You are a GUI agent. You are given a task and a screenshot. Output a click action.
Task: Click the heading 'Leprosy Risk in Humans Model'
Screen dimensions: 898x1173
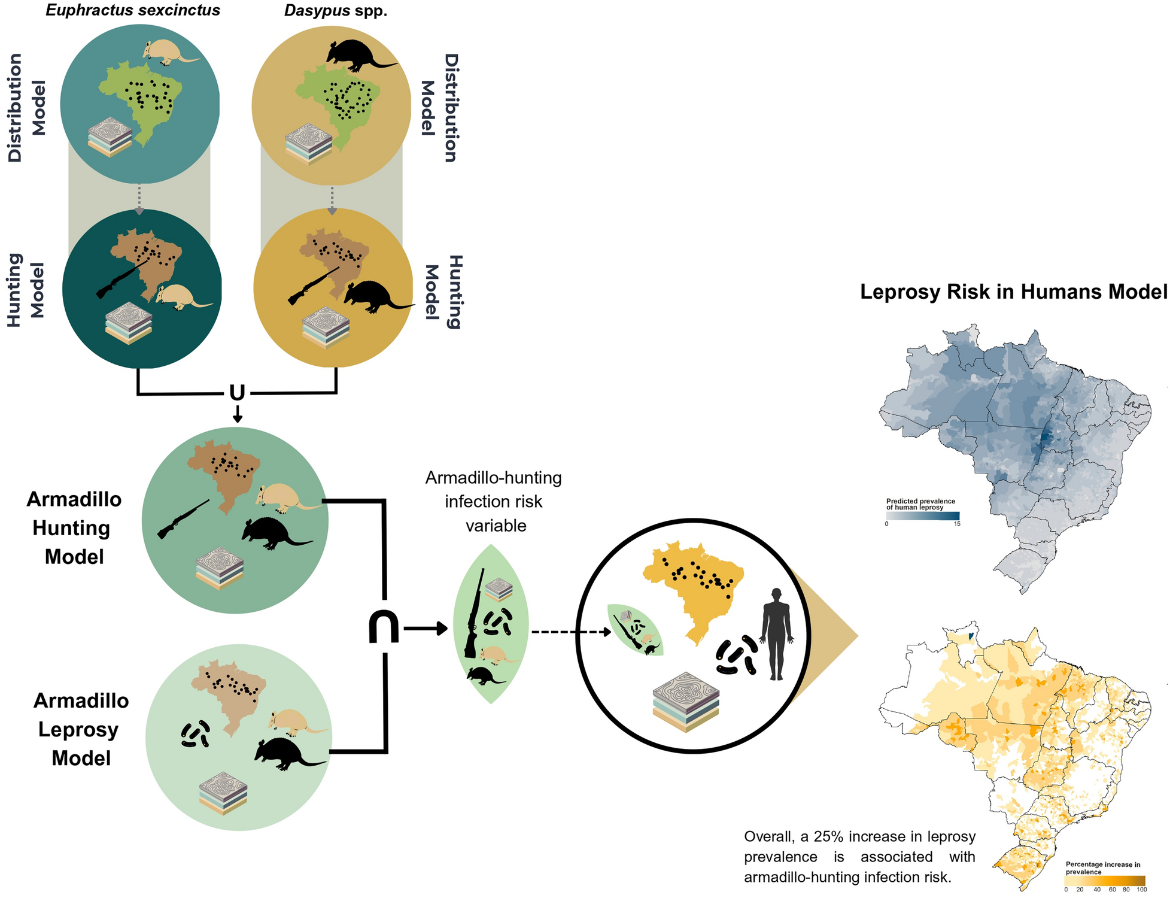1013,292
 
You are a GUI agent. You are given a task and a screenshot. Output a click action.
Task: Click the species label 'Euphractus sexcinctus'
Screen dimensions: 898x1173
133,11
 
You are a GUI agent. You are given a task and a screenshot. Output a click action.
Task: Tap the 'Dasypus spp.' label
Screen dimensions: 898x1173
336,11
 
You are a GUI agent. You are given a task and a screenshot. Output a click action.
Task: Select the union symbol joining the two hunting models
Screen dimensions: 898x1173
237,393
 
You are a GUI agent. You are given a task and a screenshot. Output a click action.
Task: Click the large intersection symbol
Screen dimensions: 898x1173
384,627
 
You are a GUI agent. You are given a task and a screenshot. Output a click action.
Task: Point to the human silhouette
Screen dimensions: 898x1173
776,633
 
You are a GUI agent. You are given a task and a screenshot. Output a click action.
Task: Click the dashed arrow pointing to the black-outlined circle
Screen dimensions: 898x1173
571,631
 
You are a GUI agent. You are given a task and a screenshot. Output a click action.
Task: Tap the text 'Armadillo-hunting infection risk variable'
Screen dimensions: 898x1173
494,501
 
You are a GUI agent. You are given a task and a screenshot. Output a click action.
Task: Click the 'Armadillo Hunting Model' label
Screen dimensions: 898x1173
74,528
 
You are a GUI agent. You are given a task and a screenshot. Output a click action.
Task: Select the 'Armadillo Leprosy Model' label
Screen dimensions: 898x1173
81,729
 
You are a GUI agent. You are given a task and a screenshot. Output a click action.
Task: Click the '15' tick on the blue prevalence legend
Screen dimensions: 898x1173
957,524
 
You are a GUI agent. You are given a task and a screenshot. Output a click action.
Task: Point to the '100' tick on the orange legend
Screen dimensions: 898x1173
1141,890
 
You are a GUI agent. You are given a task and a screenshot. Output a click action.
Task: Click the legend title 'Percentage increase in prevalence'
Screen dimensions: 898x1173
1102,868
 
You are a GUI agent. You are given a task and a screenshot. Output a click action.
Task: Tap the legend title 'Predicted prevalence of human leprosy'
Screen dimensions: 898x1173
920,504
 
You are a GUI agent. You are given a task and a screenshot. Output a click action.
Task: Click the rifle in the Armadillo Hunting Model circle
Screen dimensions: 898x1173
183,519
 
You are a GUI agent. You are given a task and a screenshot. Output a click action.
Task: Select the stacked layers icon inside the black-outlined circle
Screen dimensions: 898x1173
686,704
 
